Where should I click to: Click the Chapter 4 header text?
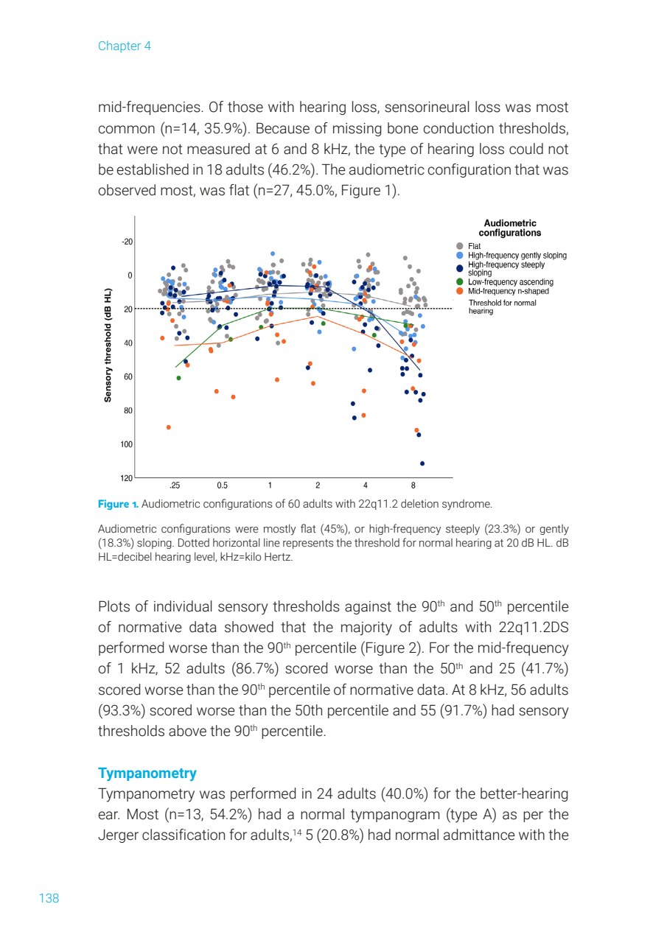point(124,46)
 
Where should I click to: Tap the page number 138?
point(49,898)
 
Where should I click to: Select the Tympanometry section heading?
point(147,773)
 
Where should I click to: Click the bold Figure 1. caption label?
point(118,504)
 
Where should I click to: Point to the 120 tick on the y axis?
point(127,478)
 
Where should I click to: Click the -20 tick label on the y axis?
point(127,242)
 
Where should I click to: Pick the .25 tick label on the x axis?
point(175,485)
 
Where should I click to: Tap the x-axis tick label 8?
point(413,485)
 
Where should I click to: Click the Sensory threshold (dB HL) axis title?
point(108,344)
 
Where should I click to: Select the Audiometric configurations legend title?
point(509,228)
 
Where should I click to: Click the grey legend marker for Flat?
point(460,246)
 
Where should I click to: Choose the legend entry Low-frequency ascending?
point(510,281)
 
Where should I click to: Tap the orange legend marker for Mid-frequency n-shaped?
point(460,290)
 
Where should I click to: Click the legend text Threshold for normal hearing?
point(503,306)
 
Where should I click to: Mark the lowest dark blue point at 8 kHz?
point(422,463)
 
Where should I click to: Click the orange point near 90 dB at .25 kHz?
point(169,427)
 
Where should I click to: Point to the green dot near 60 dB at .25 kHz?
point(178,378)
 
